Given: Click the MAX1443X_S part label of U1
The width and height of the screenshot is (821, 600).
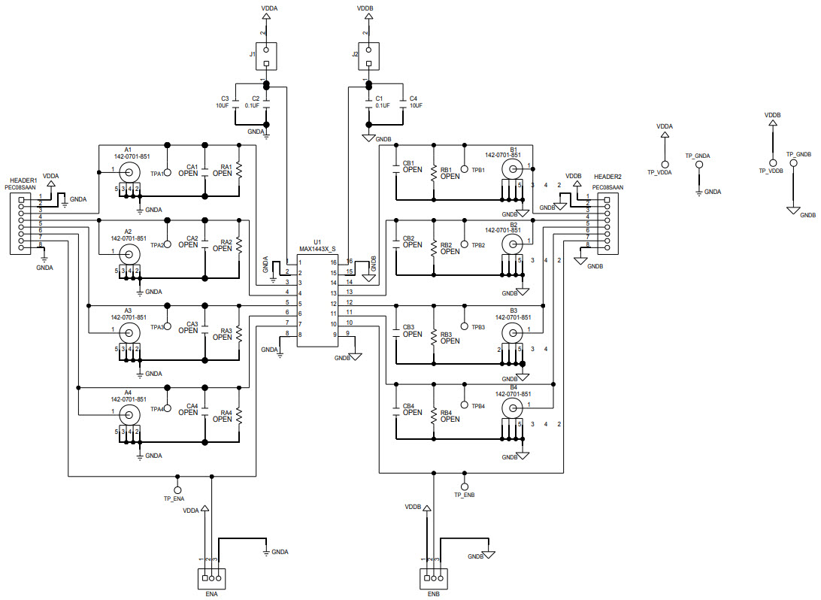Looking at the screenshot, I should coord(317,249).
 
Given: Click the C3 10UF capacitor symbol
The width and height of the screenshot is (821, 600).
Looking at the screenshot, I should coord(235,103).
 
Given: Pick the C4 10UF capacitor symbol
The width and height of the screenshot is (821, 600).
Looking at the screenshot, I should coord(403,103).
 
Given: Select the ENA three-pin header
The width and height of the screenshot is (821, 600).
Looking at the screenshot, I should coord(210,578).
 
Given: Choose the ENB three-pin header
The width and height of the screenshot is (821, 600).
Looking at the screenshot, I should coord(432,578).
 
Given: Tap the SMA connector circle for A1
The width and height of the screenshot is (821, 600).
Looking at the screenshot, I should coord(129,170).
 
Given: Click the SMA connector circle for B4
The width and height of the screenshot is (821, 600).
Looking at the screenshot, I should coord(513,408).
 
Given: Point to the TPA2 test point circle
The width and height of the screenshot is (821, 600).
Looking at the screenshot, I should coord(168,244).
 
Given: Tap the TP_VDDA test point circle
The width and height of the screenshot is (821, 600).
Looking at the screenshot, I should coord(664,163).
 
